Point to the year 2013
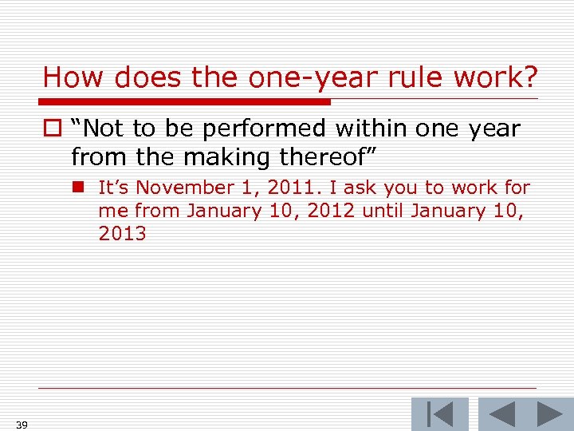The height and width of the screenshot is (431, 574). pyautogui.click(x=122, y=234)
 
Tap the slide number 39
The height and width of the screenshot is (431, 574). pyautogui.click(x=22, y=424)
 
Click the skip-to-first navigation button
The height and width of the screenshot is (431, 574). pyautogui.click(x=439, y=414)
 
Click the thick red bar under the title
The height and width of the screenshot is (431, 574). pyautogui.click(x=185, y=102)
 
